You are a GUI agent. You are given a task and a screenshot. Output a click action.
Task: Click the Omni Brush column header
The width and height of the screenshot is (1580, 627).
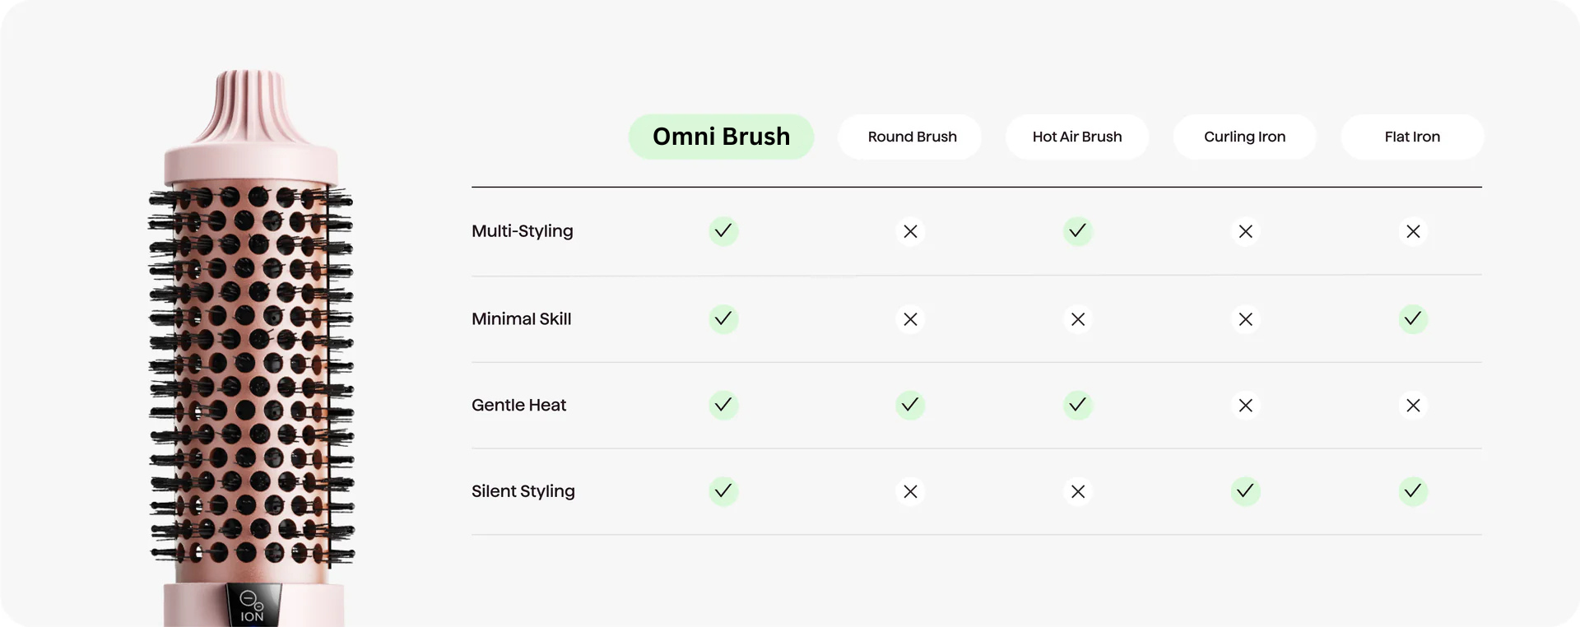[721, 137]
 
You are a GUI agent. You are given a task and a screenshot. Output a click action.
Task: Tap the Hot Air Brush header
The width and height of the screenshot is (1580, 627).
[1077, 137]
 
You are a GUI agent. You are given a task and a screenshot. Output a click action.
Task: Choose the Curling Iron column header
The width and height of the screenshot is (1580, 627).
[1245, 137]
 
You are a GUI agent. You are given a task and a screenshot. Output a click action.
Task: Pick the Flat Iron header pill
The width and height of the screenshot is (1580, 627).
[1412, 137]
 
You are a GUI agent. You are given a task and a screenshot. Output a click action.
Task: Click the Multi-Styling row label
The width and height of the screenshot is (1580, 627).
[523, 231]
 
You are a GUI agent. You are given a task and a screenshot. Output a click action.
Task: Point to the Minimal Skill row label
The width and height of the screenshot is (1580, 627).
[521, 319]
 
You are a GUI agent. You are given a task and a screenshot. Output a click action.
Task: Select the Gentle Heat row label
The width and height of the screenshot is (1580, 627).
[518, 405]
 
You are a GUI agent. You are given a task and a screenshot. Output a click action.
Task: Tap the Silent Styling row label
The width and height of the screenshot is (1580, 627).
[523, 491]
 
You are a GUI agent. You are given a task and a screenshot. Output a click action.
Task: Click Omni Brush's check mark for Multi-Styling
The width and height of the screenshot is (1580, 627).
[723, 231]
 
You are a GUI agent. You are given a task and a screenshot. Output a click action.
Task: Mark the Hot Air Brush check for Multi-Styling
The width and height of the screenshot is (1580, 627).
[1078, 231]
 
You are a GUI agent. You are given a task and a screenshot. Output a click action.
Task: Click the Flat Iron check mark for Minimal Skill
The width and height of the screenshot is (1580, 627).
[1413, 318]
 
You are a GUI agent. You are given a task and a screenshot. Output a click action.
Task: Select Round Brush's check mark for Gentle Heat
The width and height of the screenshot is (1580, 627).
[910, 405]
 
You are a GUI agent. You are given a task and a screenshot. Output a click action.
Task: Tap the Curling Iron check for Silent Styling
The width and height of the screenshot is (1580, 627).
[1246, 491]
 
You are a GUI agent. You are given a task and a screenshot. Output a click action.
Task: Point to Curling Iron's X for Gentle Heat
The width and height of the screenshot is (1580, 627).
[1246, 405]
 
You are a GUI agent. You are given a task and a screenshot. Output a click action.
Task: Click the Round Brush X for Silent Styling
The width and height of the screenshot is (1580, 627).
[910, 491]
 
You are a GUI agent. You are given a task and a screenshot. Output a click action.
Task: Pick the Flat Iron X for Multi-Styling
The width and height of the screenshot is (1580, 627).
[1413, 231]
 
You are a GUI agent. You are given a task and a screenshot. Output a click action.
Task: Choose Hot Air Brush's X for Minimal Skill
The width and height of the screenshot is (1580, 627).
[1078, 318]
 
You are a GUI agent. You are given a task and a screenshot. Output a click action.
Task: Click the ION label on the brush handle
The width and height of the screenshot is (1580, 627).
[252, 616]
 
